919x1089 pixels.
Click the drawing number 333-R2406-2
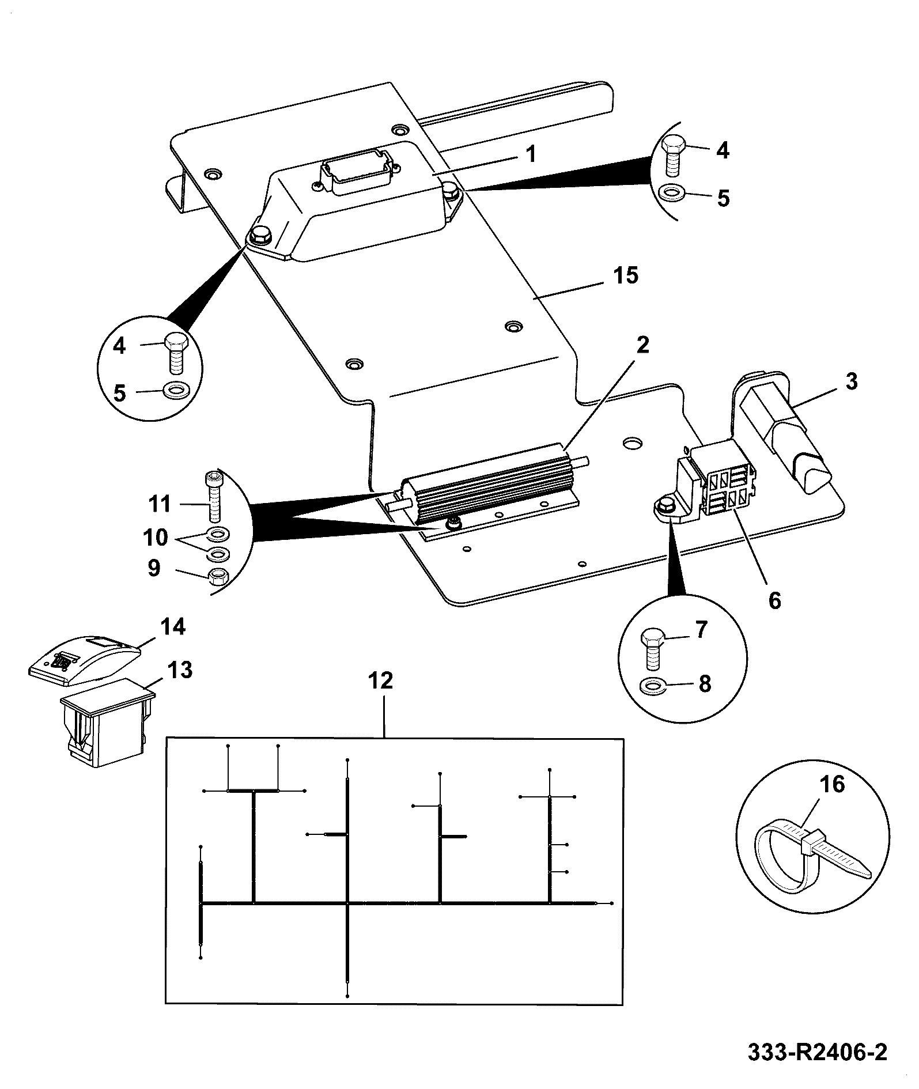click(818, 1052)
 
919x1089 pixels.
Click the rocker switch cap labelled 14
click(85, 661)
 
